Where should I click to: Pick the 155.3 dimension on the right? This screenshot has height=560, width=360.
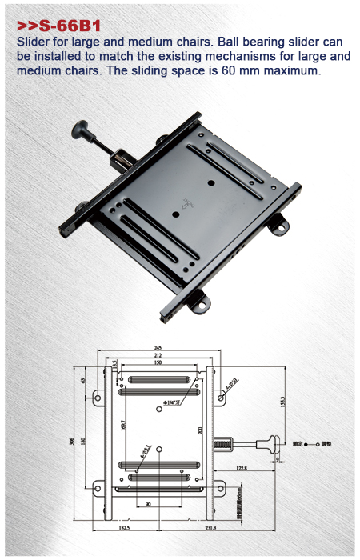coord(282,401)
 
